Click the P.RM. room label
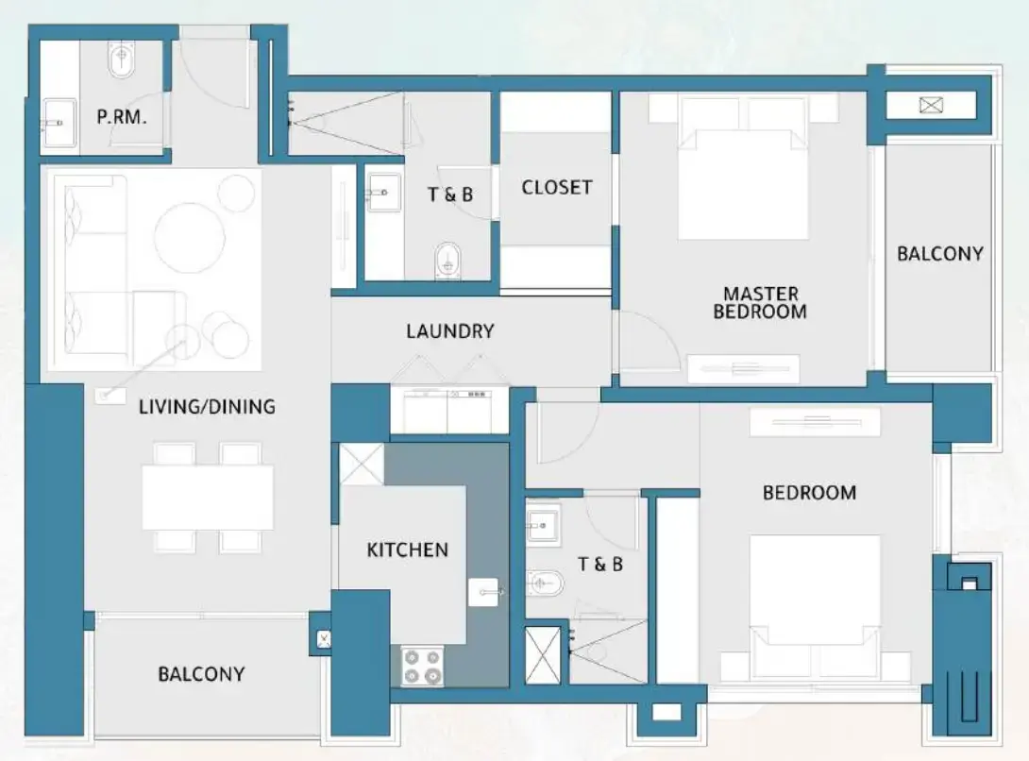pos(122,118)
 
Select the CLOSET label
pos(557,187)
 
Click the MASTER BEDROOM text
pos(760,302)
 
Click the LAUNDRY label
pos(449,331)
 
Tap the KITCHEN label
pos(407,550)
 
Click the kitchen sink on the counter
pos(484,592)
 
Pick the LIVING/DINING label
pos(207,407)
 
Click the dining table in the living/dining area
pos(208,497)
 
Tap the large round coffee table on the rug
pos(189,238)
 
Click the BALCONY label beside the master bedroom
pos(939,253)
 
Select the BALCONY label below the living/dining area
pos(201,674)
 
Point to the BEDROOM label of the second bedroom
pos(809,492)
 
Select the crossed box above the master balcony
pos(931,105)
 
